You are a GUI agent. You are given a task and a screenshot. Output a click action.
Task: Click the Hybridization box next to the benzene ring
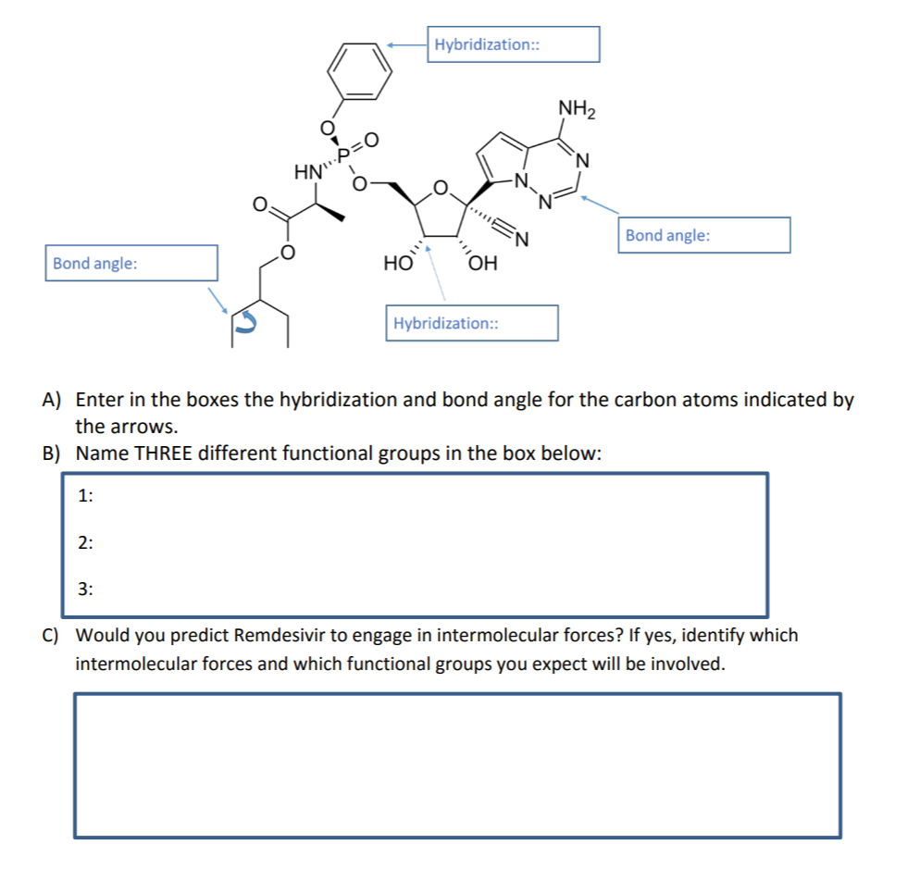tap(513, 44)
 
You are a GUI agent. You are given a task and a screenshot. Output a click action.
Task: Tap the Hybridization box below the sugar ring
tap(472, 323)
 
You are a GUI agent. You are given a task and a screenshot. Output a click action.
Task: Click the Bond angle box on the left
tap(131, 263)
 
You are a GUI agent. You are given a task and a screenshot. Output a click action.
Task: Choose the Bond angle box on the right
tap(704, 235)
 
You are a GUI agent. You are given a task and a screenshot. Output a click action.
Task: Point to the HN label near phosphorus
tap(307, 171)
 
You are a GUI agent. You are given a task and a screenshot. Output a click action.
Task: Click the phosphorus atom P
tap(343, 156)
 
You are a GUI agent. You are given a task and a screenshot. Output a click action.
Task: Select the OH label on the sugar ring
tap(483, 264)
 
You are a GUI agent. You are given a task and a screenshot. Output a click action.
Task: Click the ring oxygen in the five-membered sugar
tap(441, 189)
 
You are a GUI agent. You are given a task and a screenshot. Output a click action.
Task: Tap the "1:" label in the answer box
tap(85, 497)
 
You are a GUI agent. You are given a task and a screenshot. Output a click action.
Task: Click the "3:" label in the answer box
tap(85, 588)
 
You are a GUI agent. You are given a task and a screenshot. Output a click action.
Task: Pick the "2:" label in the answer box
tap(85, 543)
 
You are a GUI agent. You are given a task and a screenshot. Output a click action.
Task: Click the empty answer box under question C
tap(457, 765)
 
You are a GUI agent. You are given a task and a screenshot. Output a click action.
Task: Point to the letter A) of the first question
tap(52, 400)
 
